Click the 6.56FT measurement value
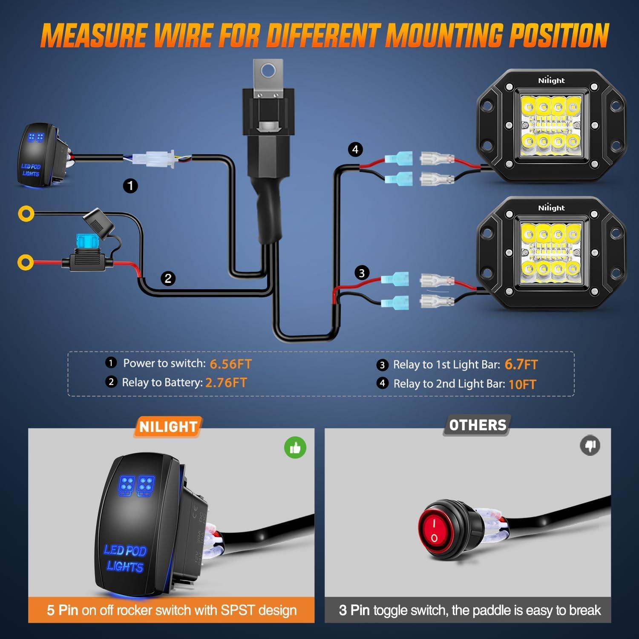pos(230,364)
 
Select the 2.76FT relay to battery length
pos(226,383)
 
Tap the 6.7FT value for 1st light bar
pos(521,365)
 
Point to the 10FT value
pos(522,384)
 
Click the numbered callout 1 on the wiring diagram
pos(130,186)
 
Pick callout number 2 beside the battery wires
pos(168,279)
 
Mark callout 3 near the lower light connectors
pos(362,273)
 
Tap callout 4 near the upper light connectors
pos(355,150)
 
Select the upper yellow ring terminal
pos(26,213)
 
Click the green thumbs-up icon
pos(295,448)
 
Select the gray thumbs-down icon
pos(590,446)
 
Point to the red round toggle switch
pos(434,529)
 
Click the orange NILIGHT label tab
pos(168,427)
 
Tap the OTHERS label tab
pos(478,425)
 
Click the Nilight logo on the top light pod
pos(551,81)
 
